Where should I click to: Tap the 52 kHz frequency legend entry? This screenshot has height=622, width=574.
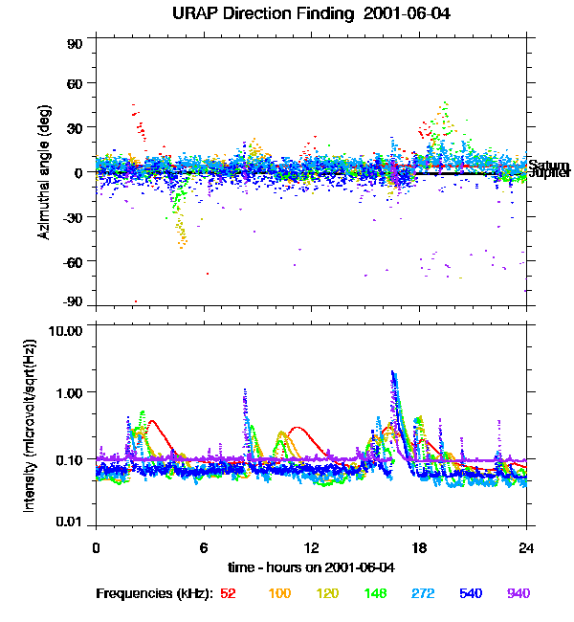click(228, 593)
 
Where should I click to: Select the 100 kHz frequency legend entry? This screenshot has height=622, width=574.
click(279, 593)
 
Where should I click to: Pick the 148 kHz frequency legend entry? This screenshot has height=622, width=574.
click(376, 593)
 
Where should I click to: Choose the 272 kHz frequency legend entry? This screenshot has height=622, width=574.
click(424, 593)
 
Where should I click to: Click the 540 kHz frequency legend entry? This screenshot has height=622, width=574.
click(472, 593)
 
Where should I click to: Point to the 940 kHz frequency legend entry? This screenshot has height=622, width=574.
click(519, 593)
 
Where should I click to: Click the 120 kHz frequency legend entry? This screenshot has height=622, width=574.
click(327, 593)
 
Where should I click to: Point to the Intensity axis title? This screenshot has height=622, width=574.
click(31, 425)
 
